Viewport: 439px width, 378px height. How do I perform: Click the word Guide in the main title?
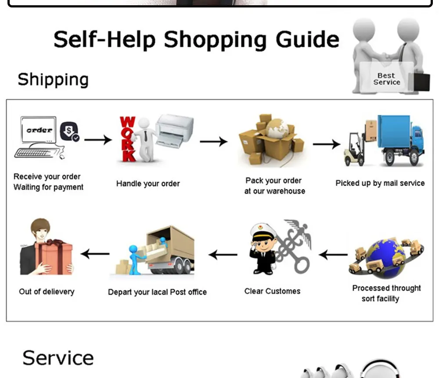(307, 40)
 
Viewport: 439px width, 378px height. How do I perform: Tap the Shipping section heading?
(53, 80)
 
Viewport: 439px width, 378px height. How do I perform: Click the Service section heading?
(58, 358)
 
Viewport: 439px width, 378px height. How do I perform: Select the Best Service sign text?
(387, 79)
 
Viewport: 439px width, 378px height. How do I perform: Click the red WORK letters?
(128, 139)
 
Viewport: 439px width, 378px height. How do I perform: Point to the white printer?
(175, 131)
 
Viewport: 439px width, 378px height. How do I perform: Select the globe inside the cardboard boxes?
(277, 128)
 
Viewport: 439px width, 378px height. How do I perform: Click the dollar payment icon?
(69, 131)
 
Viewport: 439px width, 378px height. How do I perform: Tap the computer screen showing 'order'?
(39, 130)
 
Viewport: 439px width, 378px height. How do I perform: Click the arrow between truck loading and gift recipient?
(95, 254)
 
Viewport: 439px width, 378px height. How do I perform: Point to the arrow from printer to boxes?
(214, 142)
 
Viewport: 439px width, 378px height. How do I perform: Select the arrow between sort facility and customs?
(333, 254)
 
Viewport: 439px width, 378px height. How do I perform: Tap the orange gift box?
(53, 257)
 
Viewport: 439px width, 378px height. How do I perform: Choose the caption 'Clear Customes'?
(272, 291)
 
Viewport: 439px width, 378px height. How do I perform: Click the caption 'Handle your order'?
(148, 183)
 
